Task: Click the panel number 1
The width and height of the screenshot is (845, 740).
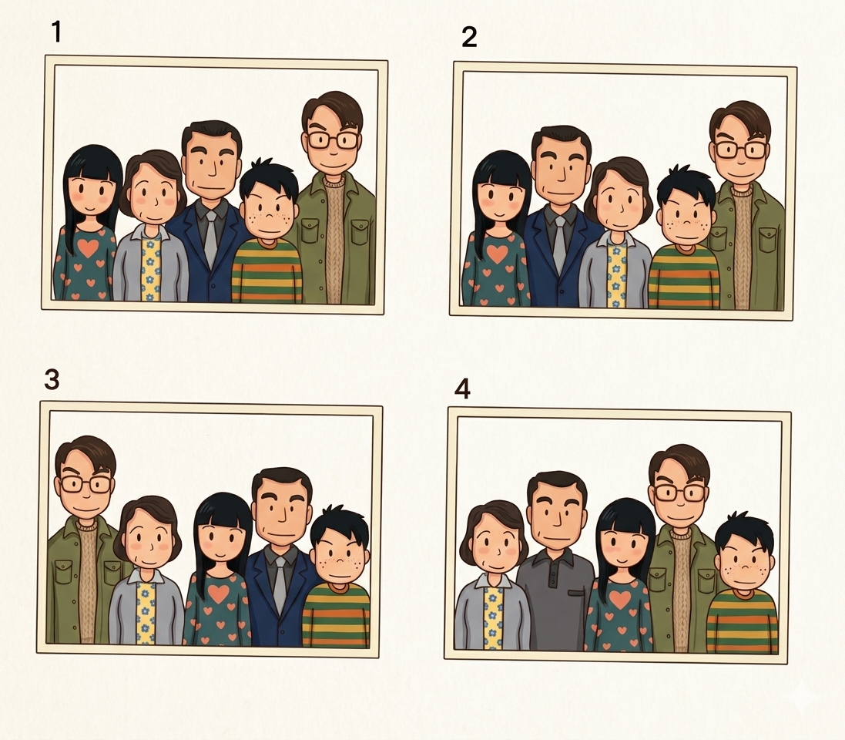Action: tap(56, 32)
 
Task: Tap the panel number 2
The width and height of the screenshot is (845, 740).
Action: tap(469, 37)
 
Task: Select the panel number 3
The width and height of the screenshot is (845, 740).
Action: tap(52, 380)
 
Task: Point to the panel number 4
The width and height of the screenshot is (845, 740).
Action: tap(462, 388)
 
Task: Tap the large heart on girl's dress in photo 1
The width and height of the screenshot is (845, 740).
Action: tap(89, 247)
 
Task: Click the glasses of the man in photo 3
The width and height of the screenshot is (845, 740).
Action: tap(86, 484)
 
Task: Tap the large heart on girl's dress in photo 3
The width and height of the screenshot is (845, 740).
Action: tap(219, 594)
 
